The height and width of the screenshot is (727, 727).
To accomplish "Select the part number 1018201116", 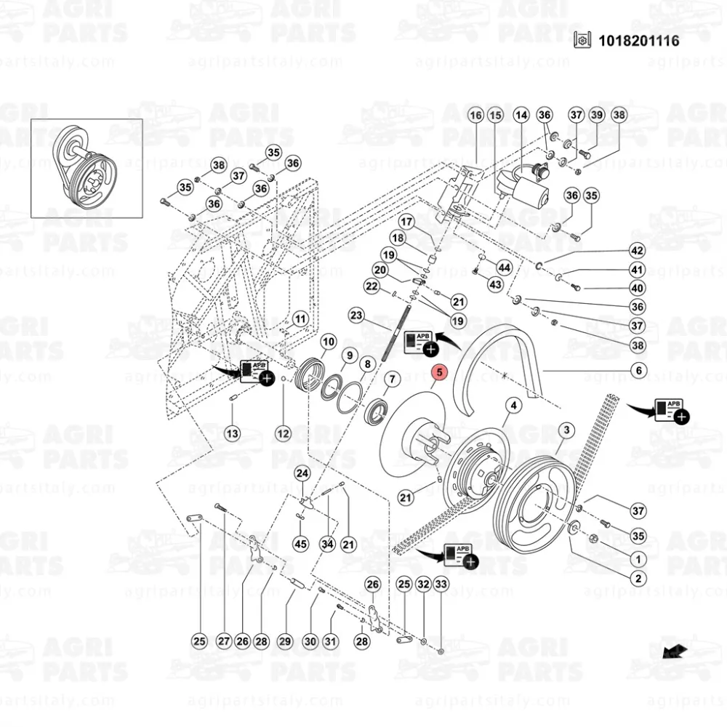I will (x=638, y=40).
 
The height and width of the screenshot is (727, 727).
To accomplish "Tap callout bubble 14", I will (x=521, y=115).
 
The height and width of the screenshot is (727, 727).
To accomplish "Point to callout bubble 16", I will (x=475, y=115).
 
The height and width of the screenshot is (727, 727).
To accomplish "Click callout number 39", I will (x=596, y=115).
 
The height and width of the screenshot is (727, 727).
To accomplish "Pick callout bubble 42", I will (x=638, y=251).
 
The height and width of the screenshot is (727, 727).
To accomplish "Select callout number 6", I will (x=638, y=370).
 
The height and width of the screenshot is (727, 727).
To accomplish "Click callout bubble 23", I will (x=356, y=315).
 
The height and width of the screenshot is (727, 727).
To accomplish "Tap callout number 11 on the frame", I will (x=300, y=318).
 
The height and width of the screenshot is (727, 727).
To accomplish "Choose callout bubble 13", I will (x=232, y=433).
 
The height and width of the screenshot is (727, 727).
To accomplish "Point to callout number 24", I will (x=302, y=473).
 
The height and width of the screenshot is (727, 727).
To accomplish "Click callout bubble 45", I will (x=300, y=543).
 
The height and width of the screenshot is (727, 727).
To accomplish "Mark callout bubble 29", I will (x=284, y=641).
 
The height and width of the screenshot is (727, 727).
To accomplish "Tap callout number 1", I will (x=638, y=559).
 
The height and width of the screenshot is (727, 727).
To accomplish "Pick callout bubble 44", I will (x=504, y=268).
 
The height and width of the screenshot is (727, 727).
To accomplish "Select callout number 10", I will (x=328, y=341).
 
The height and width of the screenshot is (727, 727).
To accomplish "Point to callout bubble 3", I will (x=566, y=432).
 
